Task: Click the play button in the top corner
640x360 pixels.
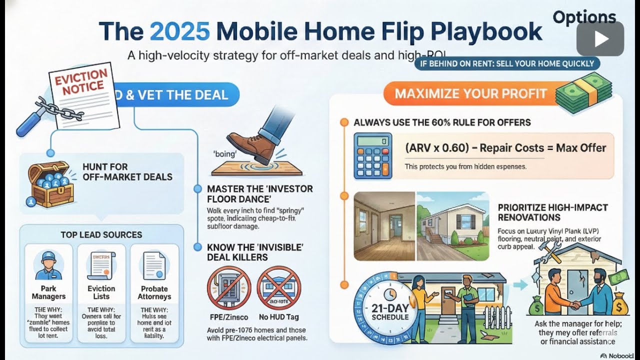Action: point(600,38)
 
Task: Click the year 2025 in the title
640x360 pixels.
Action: point(179,31)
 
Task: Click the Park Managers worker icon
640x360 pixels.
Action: point(48,265)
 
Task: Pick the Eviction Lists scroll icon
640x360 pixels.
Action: point(101,265)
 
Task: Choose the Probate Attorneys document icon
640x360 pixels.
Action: point(154,265)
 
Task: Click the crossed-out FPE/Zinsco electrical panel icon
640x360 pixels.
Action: point(228,287)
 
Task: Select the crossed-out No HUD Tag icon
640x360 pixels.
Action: point(278,287)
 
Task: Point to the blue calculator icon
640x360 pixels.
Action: point(372,155)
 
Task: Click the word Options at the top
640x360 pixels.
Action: point(584,17)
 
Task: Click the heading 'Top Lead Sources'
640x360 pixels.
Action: point(101,234)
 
